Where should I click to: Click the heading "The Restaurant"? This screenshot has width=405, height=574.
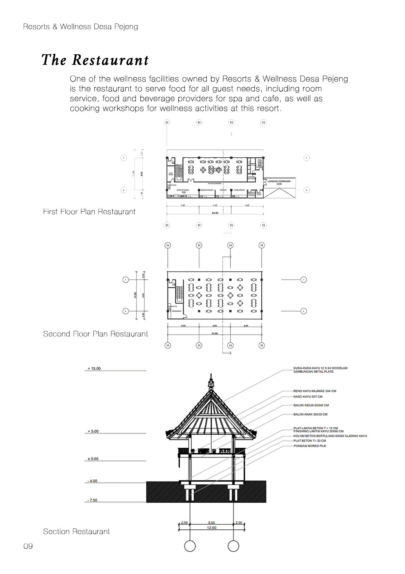(95, 60)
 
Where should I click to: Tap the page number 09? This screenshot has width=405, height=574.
(28, 546)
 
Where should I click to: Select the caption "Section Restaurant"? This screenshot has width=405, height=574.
(76, 531)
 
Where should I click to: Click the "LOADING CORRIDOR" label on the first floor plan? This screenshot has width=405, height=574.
(279, 181)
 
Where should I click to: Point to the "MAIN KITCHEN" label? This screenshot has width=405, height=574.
(183, 190)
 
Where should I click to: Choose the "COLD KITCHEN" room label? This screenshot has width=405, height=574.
(207, 190)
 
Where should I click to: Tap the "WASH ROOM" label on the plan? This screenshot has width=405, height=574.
(239, 190)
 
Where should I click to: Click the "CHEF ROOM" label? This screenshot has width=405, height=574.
(171, 174)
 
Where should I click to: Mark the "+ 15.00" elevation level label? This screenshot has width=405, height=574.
(94, 368)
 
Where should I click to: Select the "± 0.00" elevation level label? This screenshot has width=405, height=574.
(93, 459)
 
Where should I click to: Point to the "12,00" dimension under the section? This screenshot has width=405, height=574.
(211, 528)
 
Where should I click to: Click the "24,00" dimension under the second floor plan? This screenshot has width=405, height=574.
(215, 333)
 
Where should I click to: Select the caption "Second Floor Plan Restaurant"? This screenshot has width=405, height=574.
(95, 334)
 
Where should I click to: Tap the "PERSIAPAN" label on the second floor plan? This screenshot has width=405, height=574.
(176, 311)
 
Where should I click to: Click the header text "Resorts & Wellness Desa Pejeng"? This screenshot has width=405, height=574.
(80, 27)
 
